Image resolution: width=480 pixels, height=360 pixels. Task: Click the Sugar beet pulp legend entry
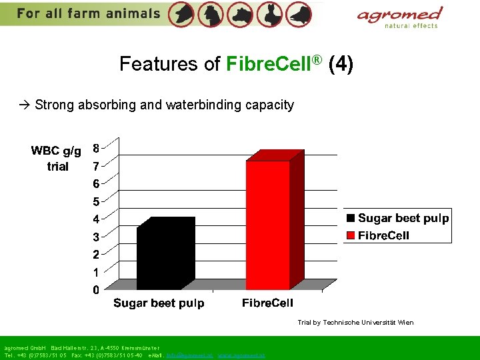(x=397, y=219)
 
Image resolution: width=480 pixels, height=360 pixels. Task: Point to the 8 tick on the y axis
(x=97, y=147)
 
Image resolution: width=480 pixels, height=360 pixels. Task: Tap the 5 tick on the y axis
(x=97, y=201)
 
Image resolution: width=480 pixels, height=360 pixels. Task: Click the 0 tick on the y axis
(x=97, y=291)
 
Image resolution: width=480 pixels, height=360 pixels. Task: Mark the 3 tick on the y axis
(x=97, y=237)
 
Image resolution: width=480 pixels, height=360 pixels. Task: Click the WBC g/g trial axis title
(x=57, y=159)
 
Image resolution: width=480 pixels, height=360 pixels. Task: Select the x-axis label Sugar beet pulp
(x=159, y=303)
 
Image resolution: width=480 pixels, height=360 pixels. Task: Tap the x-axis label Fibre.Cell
(x=267, y=303)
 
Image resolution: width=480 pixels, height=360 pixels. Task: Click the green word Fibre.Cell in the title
(x=274, y=64)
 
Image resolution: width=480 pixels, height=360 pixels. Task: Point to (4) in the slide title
(x=341, y=64)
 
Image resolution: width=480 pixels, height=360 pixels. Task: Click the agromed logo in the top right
(x=399, y=16)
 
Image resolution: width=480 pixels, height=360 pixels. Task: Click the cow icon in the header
(x=239, y=14)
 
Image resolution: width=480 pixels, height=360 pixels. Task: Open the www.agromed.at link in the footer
(x=241, y=355)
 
